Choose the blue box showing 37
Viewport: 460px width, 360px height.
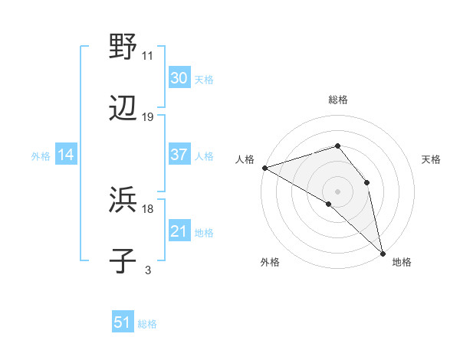coord(179,155)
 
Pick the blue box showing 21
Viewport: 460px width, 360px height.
coord(179,231)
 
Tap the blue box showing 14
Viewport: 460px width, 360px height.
coord(66,155)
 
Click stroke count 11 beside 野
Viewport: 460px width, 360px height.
coord(148,56)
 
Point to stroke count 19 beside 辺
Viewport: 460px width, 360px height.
coord(148,117)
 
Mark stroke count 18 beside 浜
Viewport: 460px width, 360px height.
coord(148,208)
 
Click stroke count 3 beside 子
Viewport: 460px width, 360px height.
coord(148,270)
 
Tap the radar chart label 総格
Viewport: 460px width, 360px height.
coord(338,100)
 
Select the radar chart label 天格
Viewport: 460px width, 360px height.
coord(432,159)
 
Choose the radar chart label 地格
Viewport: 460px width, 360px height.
coord(402,262)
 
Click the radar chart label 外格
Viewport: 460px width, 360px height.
coord(270,262)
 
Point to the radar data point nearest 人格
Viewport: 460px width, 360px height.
coord(264,167)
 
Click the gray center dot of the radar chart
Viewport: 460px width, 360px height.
coord(338,191)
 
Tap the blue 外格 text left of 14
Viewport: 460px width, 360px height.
coord(41,155)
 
